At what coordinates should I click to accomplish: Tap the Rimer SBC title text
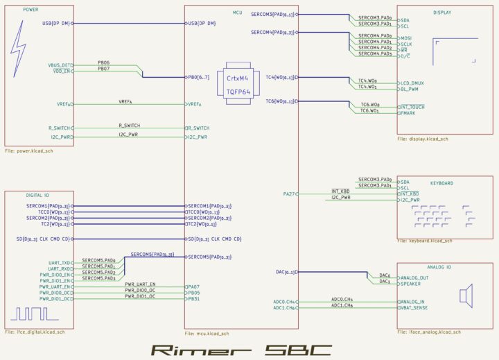[x=242, y=348]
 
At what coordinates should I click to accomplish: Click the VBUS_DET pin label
[x=59, y=65]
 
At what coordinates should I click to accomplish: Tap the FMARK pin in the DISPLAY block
[x=408, y=112]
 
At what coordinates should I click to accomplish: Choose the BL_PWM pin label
[x=409, y=89]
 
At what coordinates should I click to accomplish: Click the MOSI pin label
[x=406, y=37]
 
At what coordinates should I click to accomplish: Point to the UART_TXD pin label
[x=60, y=263]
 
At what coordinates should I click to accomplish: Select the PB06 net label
[x=103, y=62]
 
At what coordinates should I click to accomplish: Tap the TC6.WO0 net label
[x=369, y=104]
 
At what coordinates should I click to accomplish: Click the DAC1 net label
[x=385, y=282]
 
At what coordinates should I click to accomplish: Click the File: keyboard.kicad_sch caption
[x=424, y=241]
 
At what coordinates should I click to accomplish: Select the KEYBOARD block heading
[x=441, y=183]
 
